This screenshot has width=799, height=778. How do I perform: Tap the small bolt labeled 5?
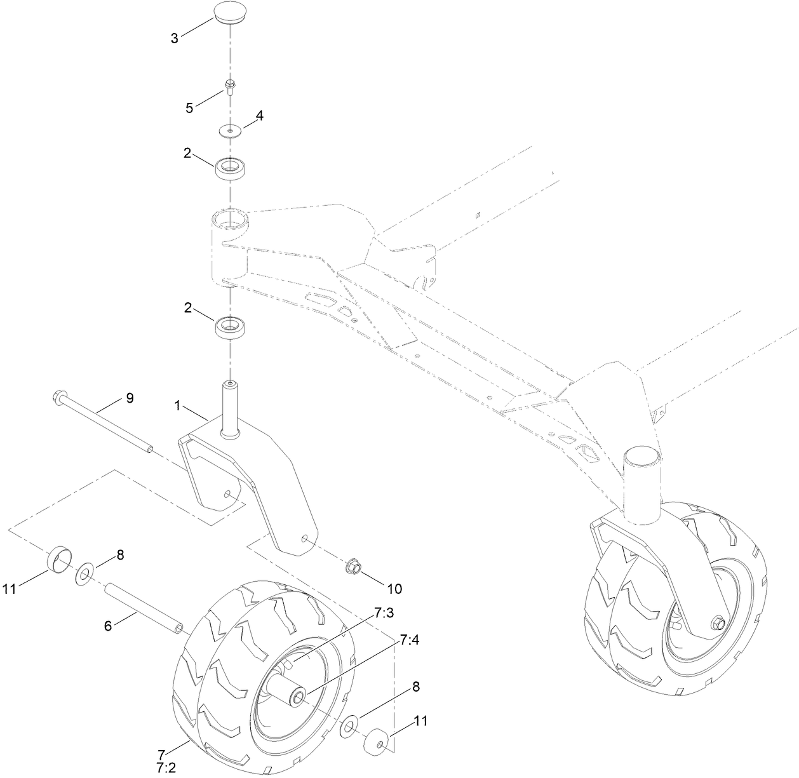click(x=231, y=86)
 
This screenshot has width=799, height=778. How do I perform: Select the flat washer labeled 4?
click(x=230, y=131)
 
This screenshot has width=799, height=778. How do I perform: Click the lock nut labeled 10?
click(x=352, y=564)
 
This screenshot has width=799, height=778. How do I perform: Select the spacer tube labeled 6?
click(x=145, y=609)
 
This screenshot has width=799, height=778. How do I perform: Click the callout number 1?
click(x=178, y=404)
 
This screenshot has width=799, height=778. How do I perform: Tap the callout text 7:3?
click(x=384, y=613)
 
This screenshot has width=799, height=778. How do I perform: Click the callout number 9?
click(x=129, y=398)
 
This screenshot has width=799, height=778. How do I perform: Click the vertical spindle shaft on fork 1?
click(x=229, y=407)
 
